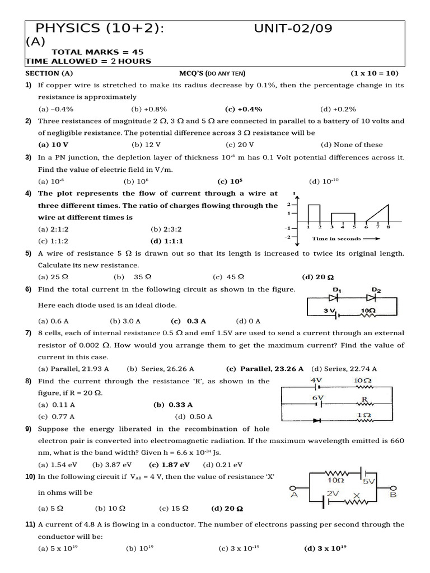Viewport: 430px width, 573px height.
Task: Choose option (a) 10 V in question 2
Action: pos(49,144)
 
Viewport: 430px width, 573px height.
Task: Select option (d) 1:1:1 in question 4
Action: pos(167,241)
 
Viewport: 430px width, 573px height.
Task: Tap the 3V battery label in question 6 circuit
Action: pos(330,310)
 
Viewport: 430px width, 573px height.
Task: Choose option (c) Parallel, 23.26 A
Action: pos(265,369)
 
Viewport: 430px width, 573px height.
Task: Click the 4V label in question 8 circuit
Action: pos(316,380)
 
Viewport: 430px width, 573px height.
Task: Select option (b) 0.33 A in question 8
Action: pos(173,405)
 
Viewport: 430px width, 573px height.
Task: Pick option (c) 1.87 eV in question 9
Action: pos(169,464)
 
